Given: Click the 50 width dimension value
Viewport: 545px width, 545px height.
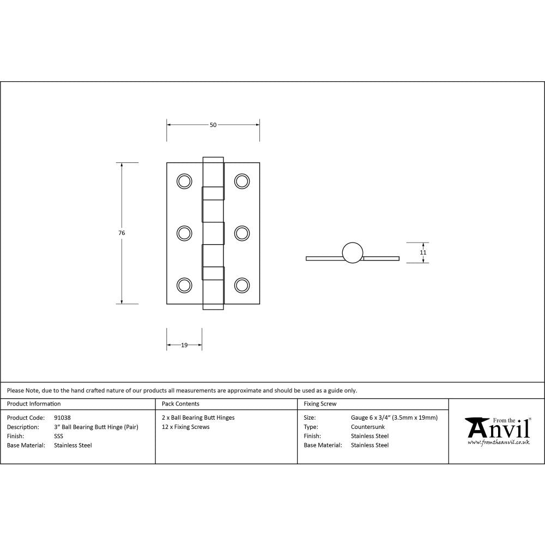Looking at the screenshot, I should (x=213, y=125).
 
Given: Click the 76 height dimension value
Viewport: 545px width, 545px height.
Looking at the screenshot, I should (x=122, y=233).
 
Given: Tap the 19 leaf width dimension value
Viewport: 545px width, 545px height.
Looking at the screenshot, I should (x=184, y=345).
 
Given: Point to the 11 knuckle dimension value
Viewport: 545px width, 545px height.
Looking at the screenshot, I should (x=423, y=252).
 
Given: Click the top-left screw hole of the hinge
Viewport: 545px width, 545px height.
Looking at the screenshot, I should (x=185, y=181).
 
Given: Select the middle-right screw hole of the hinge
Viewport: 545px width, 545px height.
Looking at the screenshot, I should (x=242, y=233).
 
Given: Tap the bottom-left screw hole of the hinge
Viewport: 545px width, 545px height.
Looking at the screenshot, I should (x=185, y=285).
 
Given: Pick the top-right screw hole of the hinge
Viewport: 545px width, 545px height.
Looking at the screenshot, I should (x=242, y=181).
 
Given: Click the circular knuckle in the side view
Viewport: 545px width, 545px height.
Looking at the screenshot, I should (x=353, y=252).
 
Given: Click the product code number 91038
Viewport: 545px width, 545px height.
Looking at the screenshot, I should (x=63, y=418).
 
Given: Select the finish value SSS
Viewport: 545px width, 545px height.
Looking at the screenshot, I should (x=59, y=436).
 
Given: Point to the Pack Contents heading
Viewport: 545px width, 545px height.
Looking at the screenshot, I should (x=180, y=404).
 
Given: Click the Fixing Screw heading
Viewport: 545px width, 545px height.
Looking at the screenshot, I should (x=320, y=404).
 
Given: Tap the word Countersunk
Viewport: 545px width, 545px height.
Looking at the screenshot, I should (x=368, y=427).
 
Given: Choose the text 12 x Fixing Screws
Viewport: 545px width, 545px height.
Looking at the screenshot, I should (x=186, y=427).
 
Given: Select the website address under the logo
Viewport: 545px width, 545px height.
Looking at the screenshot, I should (x=499, y=442).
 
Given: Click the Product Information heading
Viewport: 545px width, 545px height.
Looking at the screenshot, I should (x=34, y=404).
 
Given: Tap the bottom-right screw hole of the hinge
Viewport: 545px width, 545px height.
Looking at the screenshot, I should (x=242, y=285).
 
